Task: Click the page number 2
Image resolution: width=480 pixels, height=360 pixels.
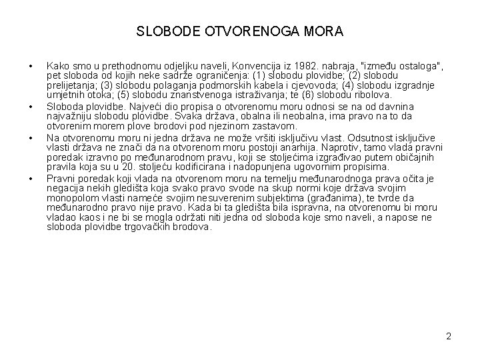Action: [449, 336]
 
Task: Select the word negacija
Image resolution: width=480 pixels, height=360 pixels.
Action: [66, 188]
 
